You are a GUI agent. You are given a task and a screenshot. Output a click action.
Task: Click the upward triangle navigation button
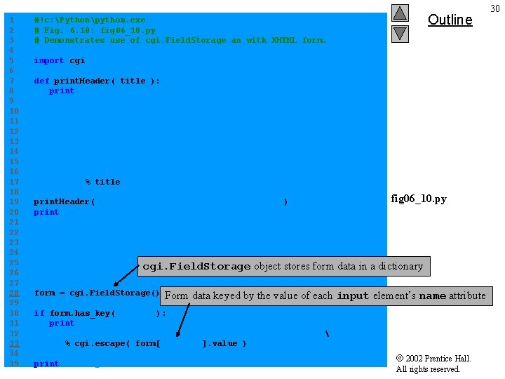coord(400,13)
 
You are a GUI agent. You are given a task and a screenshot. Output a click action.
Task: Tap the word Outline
coord(450,20)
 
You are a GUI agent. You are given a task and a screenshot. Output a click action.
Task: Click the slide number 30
coord(495,8)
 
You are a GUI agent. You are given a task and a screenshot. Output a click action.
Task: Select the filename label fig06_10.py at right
coord(419,199)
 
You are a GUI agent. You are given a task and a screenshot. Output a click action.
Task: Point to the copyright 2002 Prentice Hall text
coord(433,359)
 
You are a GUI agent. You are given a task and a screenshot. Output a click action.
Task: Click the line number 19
coord(11,202)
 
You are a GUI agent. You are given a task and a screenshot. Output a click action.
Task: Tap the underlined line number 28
coord(11,293)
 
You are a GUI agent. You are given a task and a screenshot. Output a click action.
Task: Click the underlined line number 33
coord(11,343)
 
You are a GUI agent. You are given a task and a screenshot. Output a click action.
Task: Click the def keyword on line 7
coord(41,81)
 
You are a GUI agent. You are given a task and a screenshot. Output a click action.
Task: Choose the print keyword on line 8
coord(61,91)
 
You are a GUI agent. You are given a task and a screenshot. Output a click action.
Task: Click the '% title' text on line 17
coord(103,182)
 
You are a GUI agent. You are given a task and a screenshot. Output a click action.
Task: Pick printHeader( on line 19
coord(64,202)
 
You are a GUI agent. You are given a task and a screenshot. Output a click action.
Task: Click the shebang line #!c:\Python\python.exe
coord(90,20)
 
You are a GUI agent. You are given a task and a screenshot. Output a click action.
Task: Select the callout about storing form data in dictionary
coord(283,267)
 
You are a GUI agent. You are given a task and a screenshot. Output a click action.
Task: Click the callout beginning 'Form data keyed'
coord(325,295)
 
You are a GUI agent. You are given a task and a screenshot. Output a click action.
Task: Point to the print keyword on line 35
coord(46,364)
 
